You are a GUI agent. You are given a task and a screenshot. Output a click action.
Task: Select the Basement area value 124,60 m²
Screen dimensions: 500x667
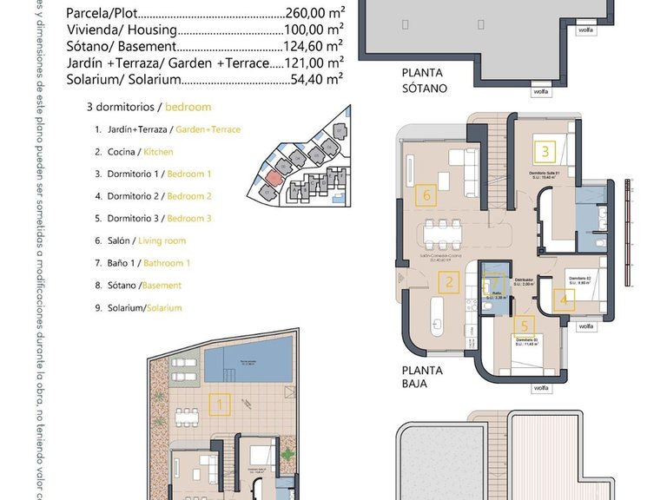314,47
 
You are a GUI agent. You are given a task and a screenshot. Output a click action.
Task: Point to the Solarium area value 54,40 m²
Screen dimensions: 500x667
318,79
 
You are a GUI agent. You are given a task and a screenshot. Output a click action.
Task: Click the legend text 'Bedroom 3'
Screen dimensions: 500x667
189,219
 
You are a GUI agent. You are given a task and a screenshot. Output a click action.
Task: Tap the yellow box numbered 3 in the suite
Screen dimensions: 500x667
545,152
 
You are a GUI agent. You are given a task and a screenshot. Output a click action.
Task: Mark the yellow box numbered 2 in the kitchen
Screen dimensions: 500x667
449,281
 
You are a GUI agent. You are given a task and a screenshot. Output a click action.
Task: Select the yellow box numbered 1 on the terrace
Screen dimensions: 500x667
220,404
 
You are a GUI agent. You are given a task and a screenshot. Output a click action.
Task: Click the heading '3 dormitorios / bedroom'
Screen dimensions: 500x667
149,108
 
